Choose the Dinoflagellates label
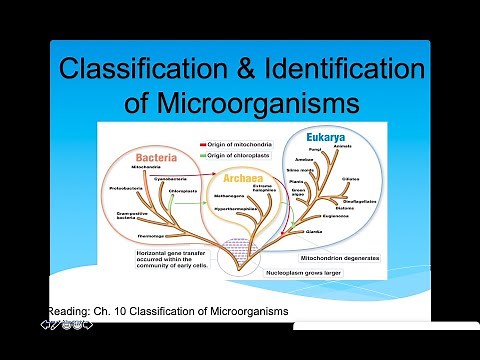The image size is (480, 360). (x=356, y=200)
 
